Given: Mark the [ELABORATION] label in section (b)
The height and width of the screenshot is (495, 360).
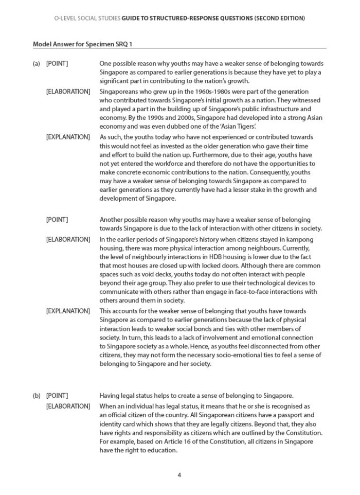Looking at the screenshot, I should pyautogui.click(x=68, y=406).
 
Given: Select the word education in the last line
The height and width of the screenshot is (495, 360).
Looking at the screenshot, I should pyautogui.click(x=162, y=450).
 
